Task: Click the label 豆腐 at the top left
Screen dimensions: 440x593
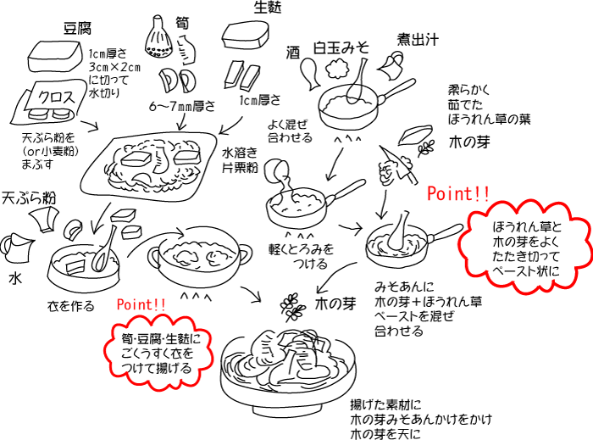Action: coord(77,27)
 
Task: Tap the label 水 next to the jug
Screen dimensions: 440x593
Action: coord(14,277)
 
